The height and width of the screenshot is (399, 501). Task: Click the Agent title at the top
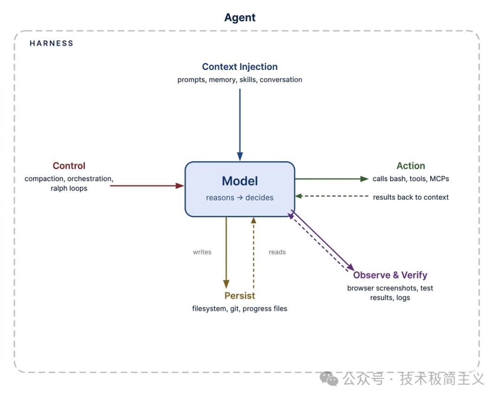click(240, 18)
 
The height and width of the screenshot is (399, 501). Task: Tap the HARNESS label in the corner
click(51, 44)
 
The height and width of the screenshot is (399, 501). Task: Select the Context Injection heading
click(240, 67)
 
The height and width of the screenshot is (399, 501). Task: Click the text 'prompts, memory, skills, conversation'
click(240, 80)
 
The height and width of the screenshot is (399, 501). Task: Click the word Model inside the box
click(240, 181)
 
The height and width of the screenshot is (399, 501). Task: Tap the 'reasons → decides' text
click(240, 198)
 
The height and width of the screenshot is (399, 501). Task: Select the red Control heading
click(69, 166)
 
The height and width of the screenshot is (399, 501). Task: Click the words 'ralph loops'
click(69, 188)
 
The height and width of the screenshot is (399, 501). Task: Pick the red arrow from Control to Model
click(146, 186)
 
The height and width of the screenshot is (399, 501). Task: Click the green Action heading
click(411, 166)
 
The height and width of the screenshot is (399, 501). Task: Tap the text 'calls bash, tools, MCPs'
click(411, 179)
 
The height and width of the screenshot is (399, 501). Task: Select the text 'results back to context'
click(411, 197)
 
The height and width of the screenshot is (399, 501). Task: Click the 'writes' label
click(202, 252)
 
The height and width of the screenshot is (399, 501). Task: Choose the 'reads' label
click(277, 252)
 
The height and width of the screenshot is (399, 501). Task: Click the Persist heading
click(240, 296)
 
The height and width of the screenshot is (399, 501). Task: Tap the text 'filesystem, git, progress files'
click(240, 309)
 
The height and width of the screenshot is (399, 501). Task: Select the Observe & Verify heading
click(390, 275)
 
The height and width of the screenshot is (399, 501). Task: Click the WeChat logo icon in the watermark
click(330, 379)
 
